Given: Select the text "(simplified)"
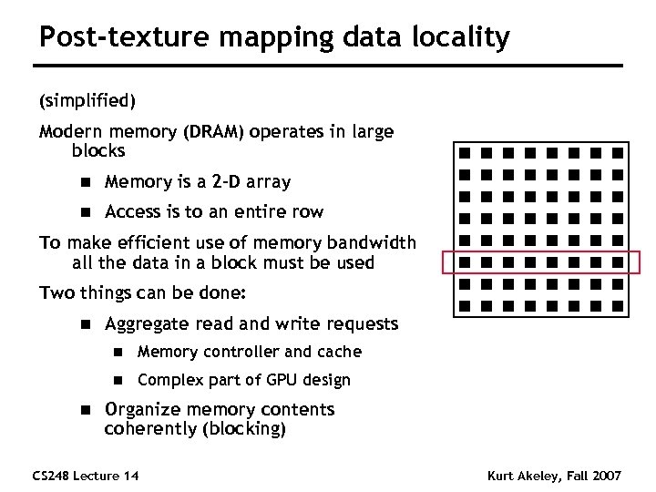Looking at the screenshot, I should coord(87,98).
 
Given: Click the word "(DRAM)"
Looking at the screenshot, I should coord(214,131).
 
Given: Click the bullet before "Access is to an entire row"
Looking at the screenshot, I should coord(86,212).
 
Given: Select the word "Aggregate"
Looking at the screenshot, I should coord(149,323).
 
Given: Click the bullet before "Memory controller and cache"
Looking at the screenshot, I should coord(118,352).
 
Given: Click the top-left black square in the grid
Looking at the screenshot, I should coord(464,152).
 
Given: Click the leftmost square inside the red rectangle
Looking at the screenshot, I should coord(464,262).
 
